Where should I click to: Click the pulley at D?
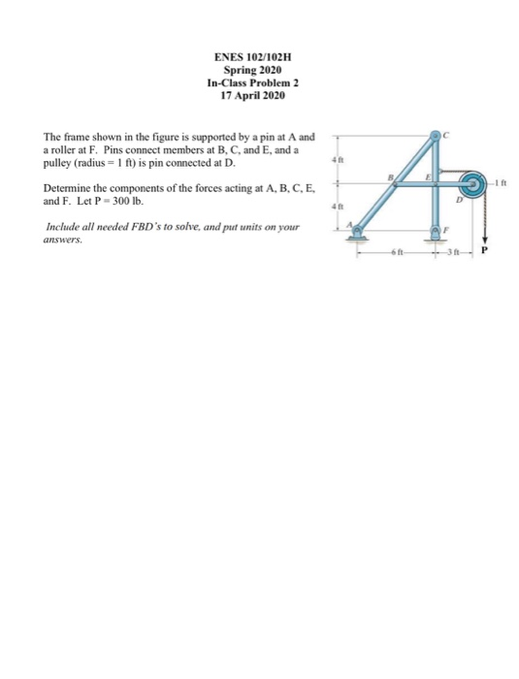pyautogui.click(x=475, y=181)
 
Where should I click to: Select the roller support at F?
pyautogui.click(x=438, y=230)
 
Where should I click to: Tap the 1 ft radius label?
pyautogui.click(x=503, y=181)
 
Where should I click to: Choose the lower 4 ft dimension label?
pyautogui.click(x=337, y=205)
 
